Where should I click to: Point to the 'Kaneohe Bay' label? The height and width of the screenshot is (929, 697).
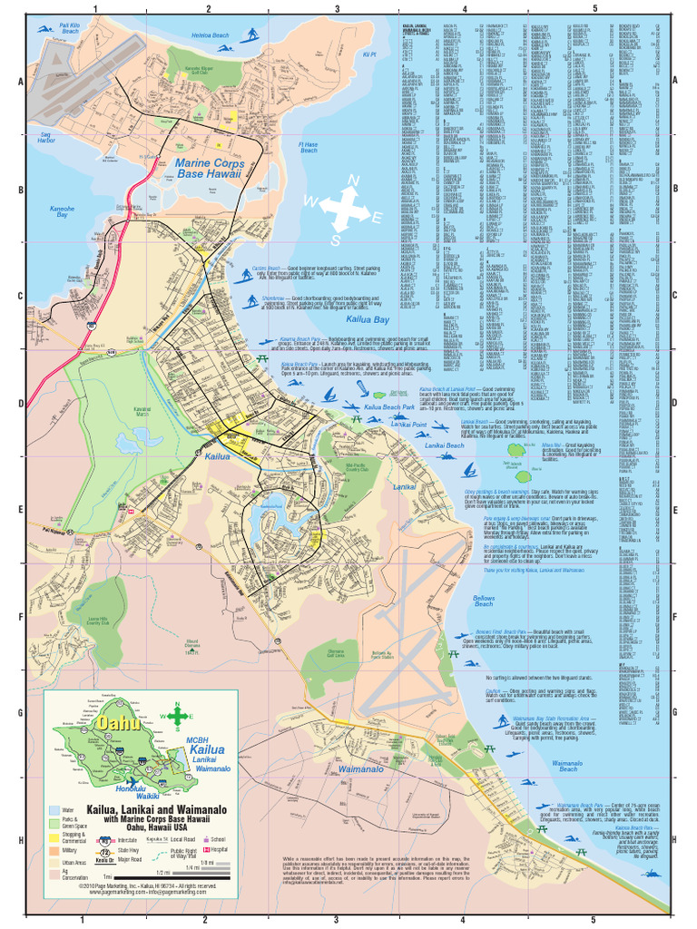[x=62, y=213]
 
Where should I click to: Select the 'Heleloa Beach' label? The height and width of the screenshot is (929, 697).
[x=210, y=35]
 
